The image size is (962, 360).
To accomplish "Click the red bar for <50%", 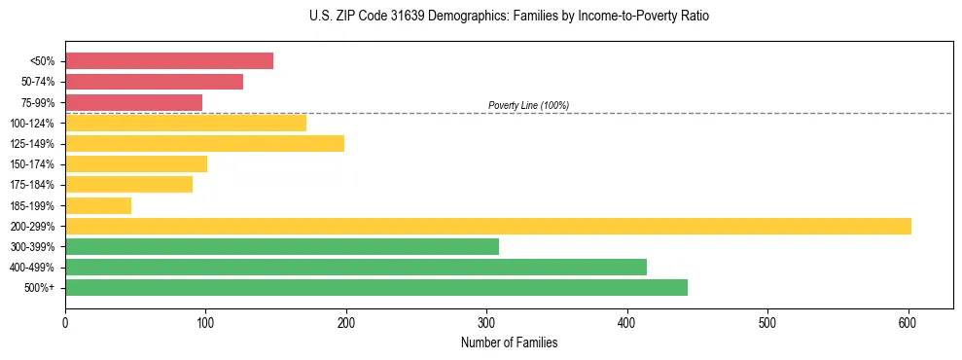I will (169, 61).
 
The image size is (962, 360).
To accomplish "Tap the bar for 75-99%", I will (133, 102).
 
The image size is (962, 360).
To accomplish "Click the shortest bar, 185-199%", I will (98, 205).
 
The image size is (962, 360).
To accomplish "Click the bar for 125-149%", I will (204, 144).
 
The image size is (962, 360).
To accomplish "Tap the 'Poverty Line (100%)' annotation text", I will (528, 105).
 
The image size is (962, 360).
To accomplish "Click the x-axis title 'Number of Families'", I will (509, 342).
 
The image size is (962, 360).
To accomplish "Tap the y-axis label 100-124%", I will (32, 124).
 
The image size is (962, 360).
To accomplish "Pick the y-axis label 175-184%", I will (32, 185).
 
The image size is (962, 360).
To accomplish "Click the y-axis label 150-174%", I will (32, 164).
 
